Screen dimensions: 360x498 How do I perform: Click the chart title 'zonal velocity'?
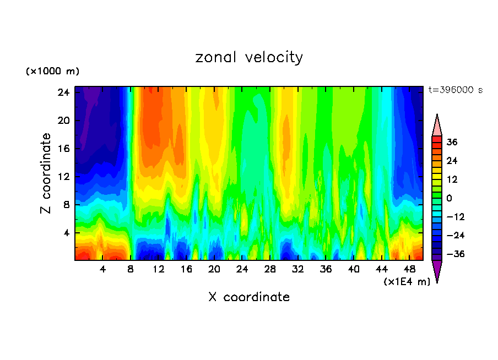click(x=249, y=57)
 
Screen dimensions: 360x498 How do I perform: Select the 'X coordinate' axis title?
click(x=249, y=297)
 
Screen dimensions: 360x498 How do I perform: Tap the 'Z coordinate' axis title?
click(x=47, y=173)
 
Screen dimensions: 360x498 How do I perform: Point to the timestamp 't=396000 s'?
click(x=455, y=90)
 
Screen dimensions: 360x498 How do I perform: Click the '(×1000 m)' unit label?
click(x=53, y=72)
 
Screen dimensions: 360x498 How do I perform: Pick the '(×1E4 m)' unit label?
click(x=407, y=282)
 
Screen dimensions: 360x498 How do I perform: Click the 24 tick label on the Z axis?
click(x=64, y=92)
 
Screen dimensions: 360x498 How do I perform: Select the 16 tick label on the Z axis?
click(x=64, y=149)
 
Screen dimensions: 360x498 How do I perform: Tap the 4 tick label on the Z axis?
click(x=67, y=233)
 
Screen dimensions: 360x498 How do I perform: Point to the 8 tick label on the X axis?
click(x=131, y=269)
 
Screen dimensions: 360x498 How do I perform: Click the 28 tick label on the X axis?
click(x=270, y=269)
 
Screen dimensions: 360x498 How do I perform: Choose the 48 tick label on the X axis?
click(x=409, y=269)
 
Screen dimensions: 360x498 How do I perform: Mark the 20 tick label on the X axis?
click(x=214, y=269)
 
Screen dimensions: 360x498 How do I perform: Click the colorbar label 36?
click(x=452, y=142)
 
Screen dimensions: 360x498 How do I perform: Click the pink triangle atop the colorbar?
click(x=437, y=126)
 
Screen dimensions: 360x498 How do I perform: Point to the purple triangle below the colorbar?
click(x=437, y=270)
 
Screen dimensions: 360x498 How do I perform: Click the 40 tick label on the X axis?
click(x=354, y=269)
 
